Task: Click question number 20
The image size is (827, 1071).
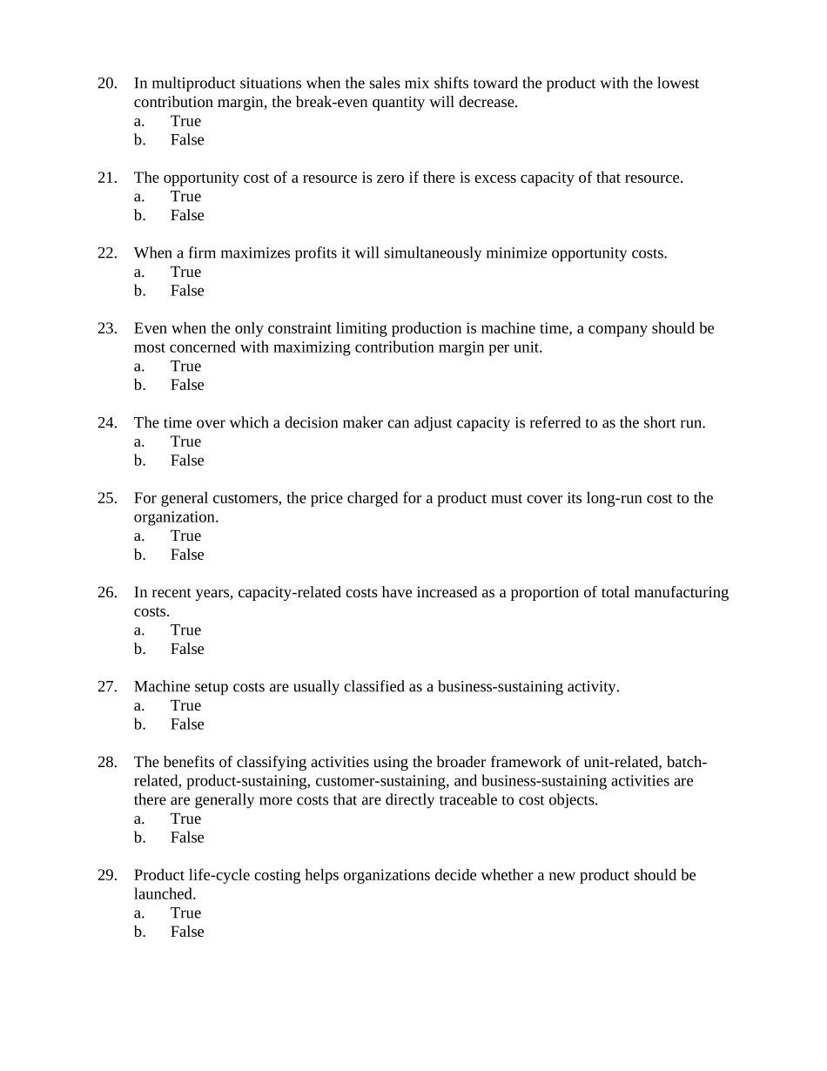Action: [107, 84]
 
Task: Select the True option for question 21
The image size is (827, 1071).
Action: [185, 197]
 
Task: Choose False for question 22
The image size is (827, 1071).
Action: [187, 291]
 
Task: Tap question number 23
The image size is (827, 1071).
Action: [107, 328]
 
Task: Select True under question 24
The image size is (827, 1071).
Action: [185, 441]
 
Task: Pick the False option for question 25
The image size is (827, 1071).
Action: [187, 555]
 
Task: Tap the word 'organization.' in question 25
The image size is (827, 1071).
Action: [176, 517]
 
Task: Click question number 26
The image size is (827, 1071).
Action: [107, 592]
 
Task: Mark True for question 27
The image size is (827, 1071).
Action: [185, 705]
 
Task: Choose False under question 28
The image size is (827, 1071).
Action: [187, 838]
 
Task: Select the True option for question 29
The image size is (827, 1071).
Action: [185, 913]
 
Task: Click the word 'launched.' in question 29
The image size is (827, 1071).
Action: [165, 894]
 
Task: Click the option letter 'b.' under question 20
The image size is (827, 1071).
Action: [139, 140]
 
